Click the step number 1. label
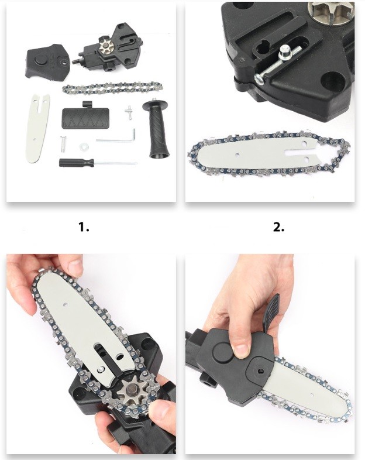pos(84,226)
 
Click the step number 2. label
pos(278,226)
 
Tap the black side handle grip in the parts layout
pos(155,129)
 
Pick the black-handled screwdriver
pos(98,163)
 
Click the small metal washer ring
pos(84,146)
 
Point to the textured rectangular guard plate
pos(85,117)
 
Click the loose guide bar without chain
pos(38,128)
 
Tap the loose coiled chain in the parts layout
pos(112,88)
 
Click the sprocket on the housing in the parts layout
pos(106,46)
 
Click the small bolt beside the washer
pos(63,144)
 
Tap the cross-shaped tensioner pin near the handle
pos(129,112)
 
